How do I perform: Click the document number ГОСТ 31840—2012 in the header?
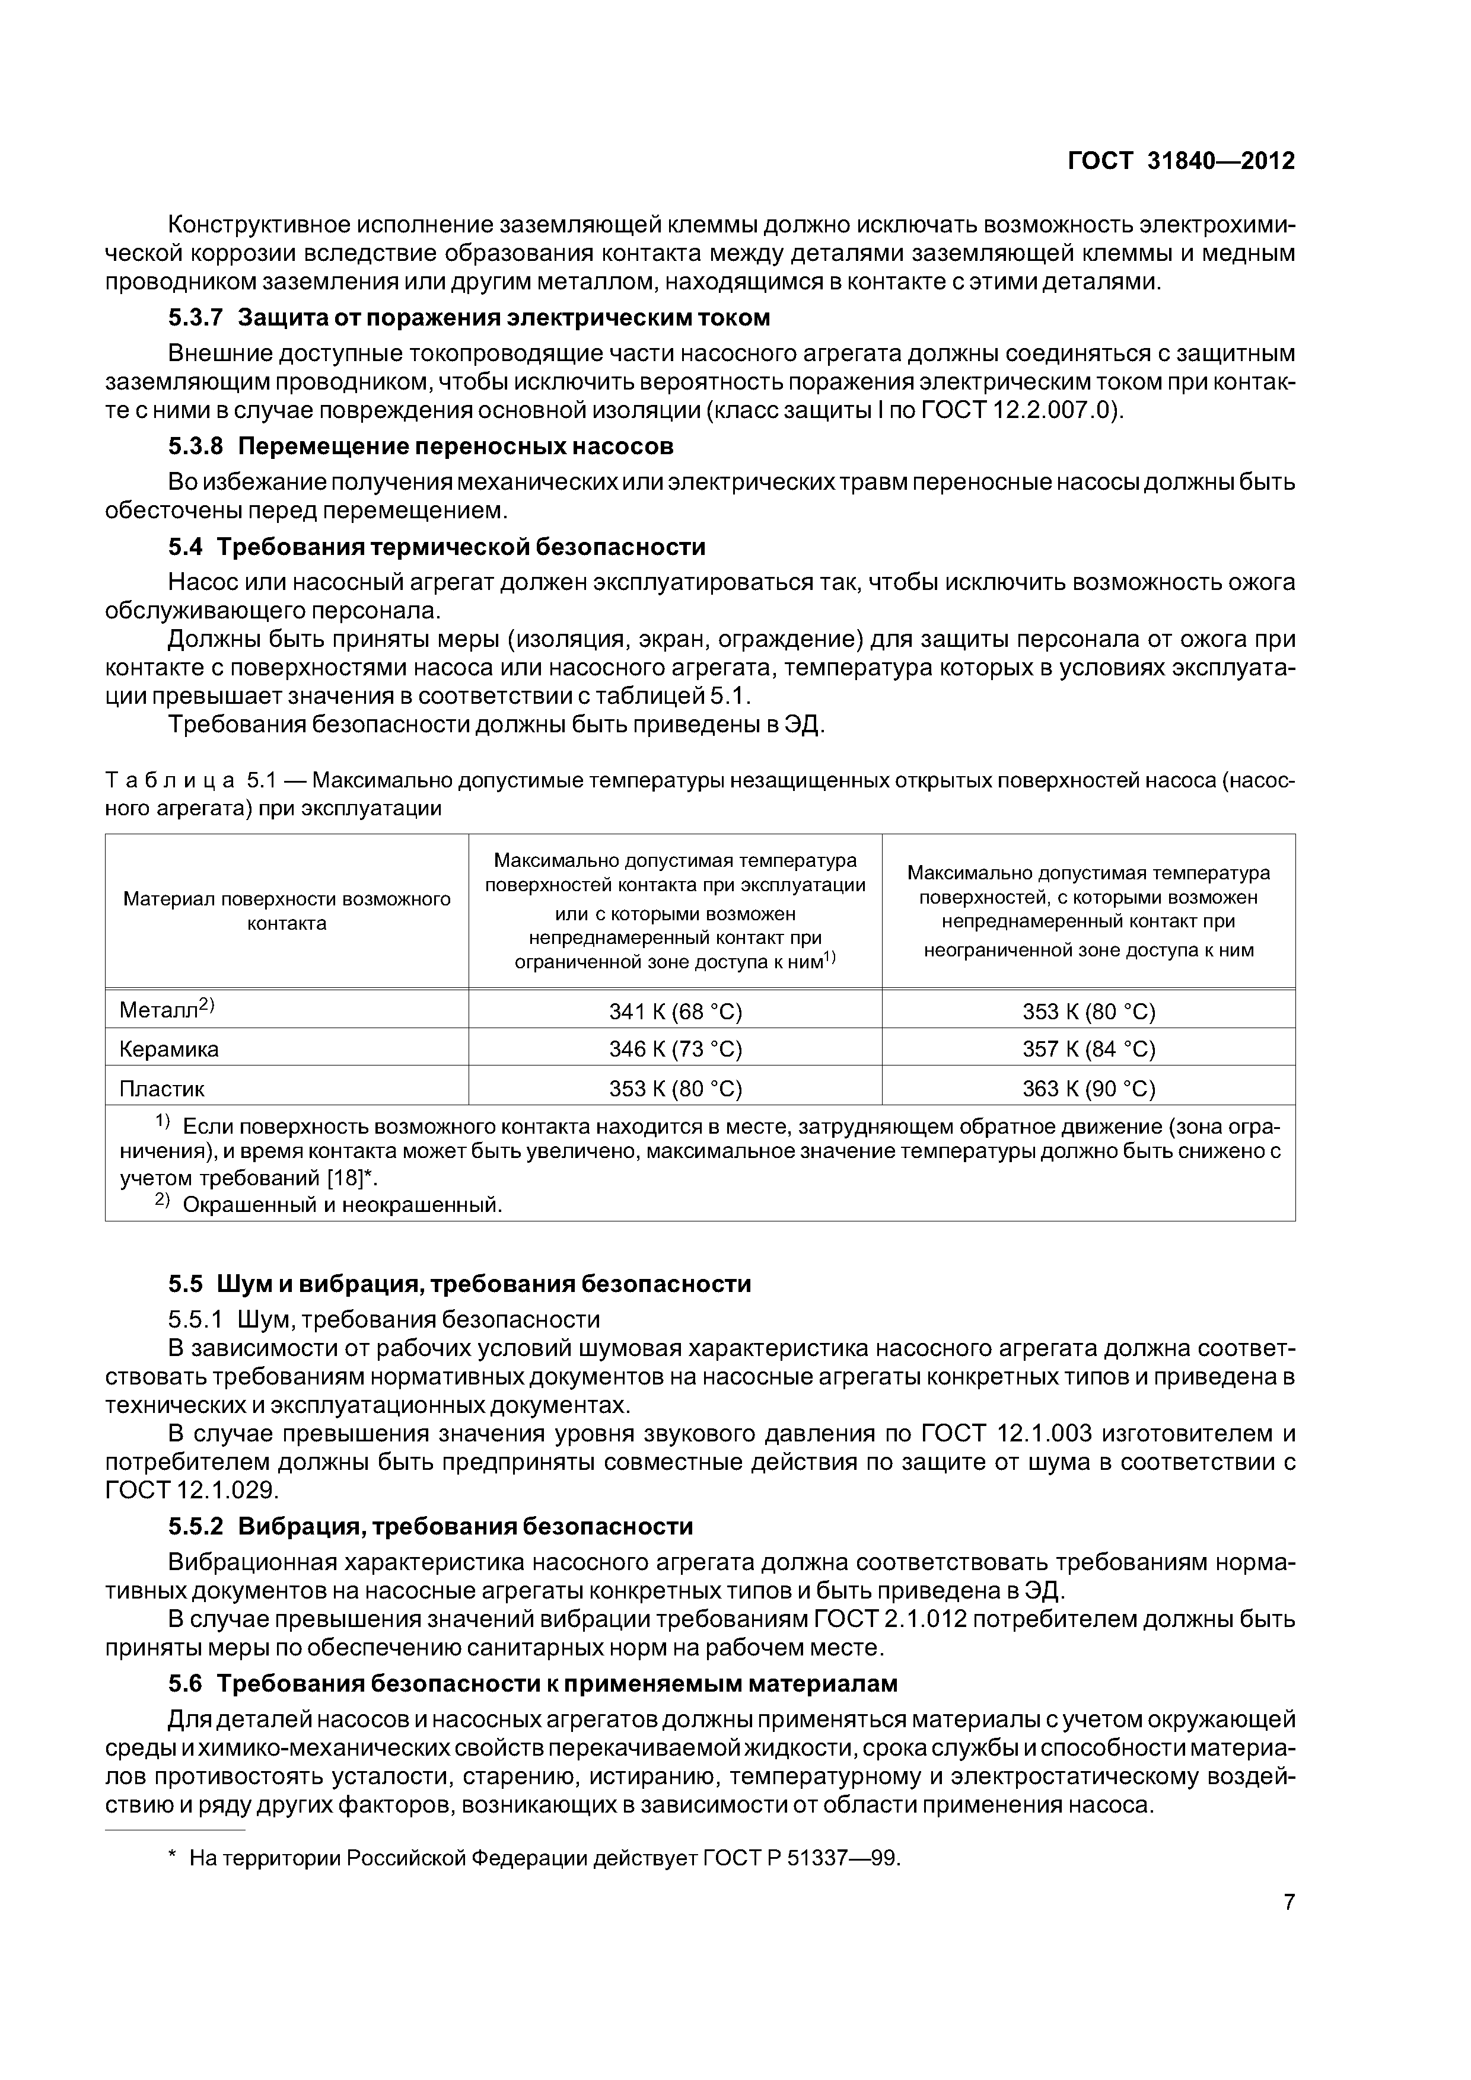point(1181,161)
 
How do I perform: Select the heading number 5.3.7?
point(195,318)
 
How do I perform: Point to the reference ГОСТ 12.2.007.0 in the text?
point(1020,410)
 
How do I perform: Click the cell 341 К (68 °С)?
point(675,1011)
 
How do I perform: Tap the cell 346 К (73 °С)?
point(675,1049)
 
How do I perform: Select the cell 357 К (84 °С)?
point(1088,1049)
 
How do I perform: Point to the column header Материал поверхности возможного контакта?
point(286,911)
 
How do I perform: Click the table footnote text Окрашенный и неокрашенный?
point(343,1205)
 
